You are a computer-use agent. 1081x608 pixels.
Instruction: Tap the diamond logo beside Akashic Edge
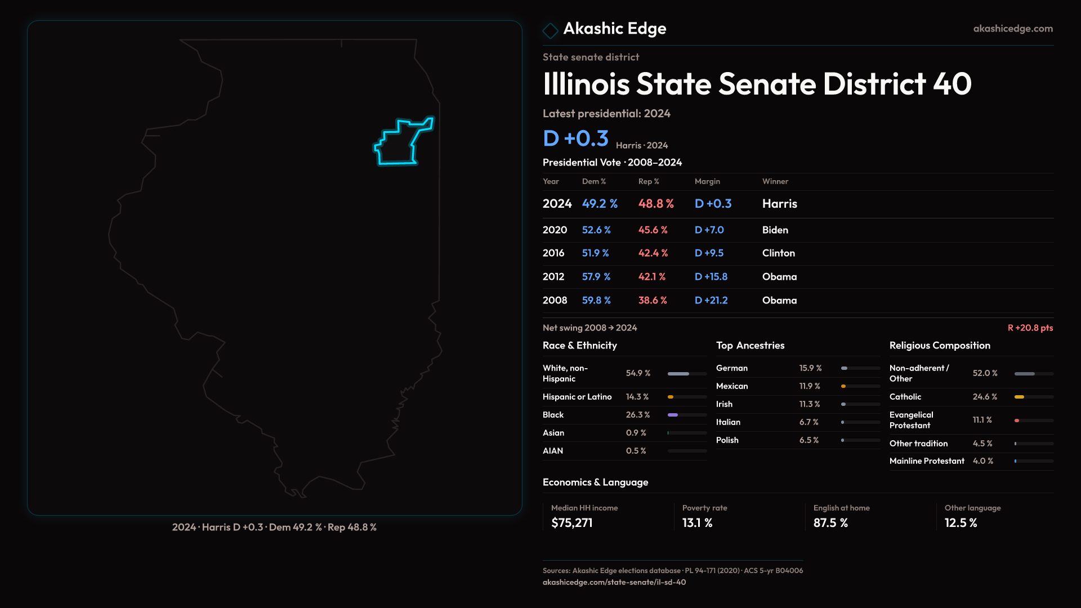coord(550,30)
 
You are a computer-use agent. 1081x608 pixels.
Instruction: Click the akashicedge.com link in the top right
coord(1013,29)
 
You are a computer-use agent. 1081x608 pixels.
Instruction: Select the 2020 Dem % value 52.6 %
coord(596,230)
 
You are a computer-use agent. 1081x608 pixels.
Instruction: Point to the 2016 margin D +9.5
coord(709,253)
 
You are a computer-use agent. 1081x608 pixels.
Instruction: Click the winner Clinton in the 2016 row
coord(778,253)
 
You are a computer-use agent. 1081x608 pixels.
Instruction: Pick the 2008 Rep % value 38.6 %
coord(653,301)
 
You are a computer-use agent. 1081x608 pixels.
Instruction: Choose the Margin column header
coord(707,181)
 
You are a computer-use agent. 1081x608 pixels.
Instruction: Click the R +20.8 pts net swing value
coord(1030,328)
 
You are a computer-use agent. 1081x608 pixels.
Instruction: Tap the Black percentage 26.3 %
coord(637,415)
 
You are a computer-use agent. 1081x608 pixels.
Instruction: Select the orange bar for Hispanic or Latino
coord(671,397)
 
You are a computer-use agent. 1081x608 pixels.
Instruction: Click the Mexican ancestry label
coord(732,386)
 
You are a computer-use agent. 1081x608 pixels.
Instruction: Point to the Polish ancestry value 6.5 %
coord(809,440)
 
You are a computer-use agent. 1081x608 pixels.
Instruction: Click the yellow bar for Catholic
coord(1019,397)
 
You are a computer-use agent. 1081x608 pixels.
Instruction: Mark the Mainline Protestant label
coord(927,461)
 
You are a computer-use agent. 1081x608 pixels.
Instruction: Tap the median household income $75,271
coord(572,523)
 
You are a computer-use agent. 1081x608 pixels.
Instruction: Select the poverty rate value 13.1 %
coord(697,523)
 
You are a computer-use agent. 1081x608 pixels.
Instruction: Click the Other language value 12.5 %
coord(961,523)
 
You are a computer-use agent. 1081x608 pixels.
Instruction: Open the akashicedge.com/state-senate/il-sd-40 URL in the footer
coord(614,582)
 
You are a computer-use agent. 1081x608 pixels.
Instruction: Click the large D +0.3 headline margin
coord(575,138)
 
